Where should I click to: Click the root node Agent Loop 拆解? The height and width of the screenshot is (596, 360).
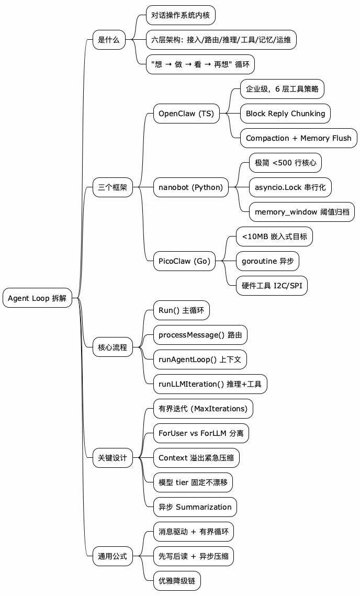point(37,298)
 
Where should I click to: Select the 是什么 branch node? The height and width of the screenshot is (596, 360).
point(109,40)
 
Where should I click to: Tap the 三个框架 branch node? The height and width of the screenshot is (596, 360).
point(113,187)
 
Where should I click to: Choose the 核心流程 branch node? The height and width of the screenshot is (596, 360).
point(113,347)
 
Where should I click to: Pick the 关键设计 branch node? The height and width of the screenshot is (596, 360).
point(113,457)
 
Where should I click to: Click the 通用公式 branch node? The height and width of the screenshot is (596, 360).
point(113,556)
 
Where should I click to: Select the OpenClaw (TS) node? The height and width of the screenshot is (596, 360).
point(186,114)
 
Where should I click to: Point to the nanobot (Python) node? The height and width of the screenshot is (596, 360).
point(190,187)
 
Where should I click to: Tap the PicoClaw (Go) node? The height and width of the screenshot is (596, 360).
point(184,261)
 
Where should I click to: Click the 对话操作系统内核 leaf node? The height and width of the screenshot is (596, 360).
point(181,15)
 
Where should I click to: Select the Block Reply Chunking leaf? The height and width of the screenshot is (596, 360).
point(285,114)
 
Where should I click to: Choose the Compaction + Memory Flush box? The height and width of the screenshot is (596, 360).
point(299,138)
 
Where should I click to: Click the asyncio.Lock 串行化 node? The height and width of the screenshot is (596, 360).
point(290,187)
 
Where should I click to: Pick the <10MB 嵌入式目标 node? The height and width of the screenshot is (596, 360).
point(274,237)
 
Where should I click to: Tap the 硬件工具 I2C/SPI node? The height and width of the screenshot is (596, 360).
point(272,286)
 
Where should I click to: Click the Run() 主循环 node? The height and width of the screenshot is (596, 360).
point(181,310)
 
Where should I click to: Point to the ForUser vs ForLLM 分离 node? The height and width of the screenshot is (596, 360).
point(201,433)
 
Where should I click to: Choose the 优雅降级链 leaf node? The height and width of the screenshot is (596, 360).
point(176,580)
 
